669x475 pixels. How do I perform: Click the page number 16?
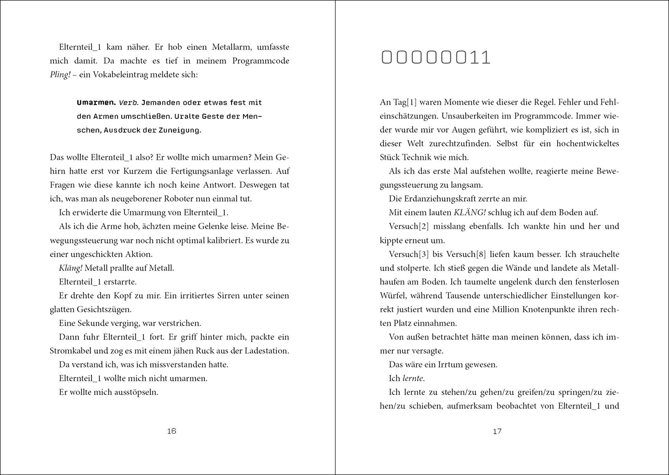[x=171, y=431]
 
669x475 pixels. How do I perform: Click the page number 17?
[x=497, y=431]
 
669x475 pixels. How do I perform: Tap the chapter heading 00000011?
[x=436, y=58]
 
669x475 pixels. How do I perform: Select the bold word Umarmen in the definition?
[x=96, y=103]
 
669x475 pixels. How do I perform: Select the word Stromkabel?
[x=73, y=350]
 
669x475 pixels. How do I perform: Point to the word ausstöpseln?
[x=133, y=392]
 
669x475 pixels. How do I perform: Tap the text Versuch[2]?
[x=409, y=227]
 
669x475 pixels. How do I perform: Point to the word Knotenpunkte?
[x=535, y=309]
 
